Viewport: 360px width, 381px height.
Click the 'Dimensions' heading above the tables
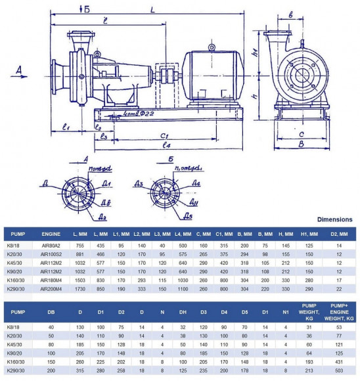334,219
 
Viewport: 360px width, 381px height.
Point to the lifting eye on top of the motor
212,47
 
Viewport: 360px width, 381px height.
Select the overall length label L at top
152,10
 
